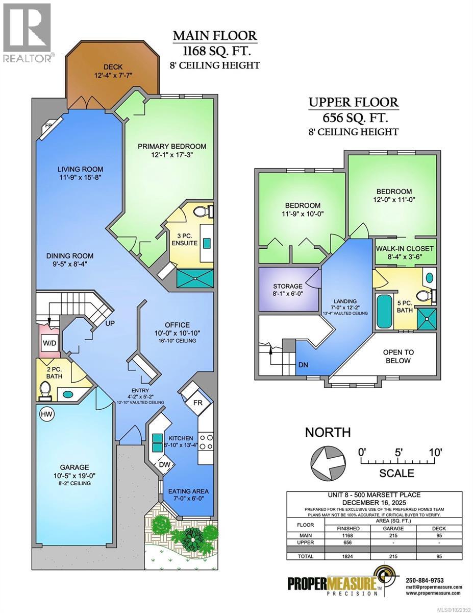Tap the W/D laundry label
(x=49, y=343)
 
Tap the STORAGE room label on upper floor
(x=287, y=286)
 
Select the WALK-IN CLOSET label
(x=405, y=248)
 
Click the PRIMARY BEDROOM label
(x=165, y=146)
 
